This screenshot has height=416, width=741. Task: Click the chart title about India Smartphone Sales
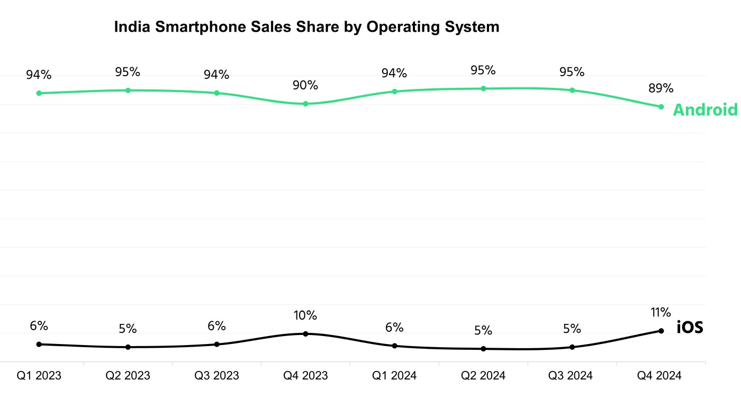click(x=306, y=27)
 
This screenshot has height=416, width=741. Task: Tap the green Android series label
click(x=705, y=110)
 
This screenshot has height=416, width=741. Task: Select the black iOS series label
click(x=690, y=328)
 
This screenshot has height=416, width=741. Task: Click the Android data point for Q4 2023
click(x=305, y=104)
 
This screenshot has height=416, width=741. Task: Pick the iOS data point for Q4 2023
click(x=305, y=333)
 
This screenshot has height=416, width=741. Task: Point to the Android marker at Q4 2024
click(x=661, y=107)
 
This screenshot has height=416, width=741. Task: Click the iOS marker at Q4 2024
click(x=661, y=331)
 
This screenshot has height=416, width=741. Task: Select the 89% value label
click(x=661, y=88)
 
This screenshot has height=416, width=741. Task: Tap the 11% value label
click(x=661, y=312)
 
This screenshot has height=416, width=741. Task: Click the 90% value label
click(x=305, y=85)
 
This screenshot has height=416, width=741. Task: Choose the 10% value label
click(x=305, y=315)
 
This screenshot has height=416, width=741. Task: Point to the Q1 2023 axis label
click(x=39, y=376)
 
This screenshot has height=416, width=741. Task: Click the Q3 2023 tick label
click(x=216, y=376)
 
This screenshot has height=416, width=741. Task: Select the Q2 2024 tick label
click(x=483, y=376)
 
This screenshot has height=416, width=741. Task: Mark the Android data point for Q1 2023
click(x=39, y=93)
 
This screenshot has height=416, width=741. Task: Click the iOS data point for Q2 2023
click(x=128, y=347)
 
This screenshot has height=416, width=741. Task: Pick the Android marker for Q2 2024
click(x=483, y=88)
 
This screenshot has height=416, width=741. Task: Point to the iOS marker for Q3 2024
click(x=572, y=347)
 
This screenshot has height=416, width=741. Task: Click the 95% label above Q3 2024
click(x=572, y=71)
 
